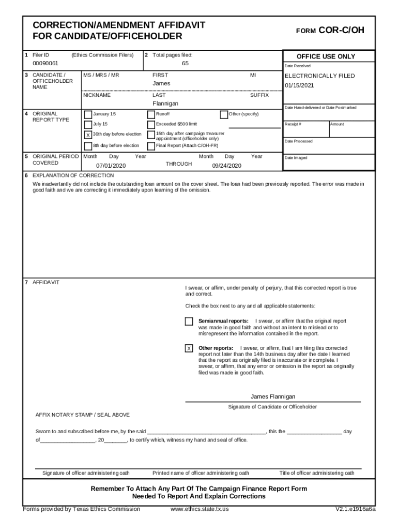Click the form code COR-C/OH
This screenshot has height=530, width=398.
341,30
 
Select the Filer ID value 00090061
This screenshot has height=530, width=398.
45,64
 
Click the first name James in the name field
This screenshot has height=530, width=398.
161,83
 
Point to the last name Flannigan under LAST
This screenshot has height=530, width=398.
165,104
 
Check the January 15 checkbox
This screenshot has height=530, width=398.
88,114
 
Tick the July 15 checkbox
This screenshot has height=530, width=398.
88,125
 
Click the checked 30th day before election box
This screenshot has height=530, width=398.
88,135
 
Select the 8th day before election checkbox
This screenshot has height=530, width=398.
88,146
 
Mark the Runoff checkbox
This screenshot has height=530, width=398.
151,114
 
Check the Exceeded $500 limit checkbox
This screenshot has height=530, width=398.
151,125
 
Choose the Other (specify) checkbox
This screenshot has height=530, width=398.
224,114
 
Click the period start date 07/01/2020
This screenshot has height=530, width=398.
111,166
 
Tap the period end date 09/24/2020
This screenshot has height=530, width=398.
227,166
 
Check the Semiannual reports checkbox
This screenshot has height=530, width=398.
189,321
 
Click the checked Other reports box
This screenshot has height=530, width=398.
189,348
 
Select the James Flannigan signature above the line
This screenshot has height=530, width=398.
273,396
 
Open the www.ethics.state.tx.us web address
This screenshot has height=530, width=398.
200,509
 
